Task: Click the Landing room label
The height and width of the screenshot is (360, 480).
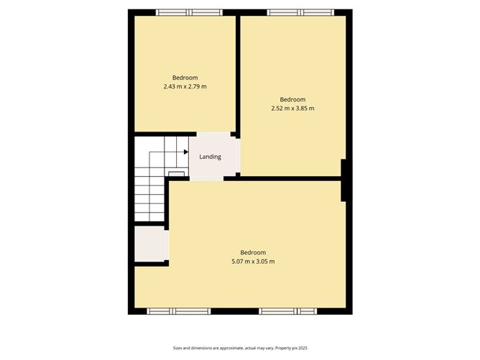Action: coord(210,157)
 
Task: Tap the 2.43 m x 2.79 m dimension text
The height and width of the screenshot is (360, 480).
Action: coord(185,87)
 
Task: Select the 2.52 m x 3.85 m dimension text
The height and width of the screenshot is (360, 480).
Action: coord(292,109)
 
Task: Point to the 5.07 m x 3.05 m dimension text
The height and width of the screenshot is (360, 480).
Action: coord(253,262)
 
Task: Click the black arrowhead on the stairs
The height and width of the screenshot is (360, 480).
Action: coord(186,152)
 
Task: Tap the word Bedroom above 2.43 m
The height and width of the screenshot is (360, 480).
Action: coord(185,78)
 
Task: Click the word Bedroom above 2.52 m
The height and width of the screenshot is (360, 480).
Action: coord(292,99)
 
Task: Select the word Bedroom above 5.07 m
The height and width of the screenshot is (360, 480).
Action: coord(253,252)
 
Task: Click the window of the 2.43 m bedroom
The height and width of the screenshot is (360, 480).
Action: coord(189,12)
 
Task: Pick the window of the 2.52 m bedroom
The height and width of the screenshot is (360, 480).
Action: coord(300,12)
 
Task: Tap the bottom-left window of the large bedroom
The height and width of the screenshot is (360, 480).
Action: coord(179,311)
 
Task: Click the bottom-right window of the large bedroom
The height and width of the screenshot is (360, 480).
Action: coord(287,311)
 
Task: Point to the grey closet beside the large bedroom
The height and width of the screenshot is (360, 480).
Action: coord(151,244)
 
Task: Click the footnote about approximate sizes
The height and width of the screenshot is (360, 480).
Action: coord(240,348)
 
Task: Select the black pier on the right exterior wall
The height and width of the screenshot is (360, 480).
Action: coord(343,180)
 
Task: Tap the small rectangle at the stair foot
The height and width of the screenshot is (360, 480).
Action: coord(176,174)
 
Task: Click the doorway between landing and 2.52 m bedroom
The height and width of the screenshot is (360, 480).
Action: coord(238,155)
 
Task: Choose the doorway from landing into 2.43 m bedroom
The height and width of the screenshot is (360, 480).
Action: coord(213,134)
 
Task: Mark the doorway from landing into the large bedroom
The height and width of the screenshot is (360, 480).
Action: coord(207,178)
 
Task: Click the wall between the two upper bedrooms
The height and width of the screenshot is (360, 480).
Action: coord(238,74)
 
